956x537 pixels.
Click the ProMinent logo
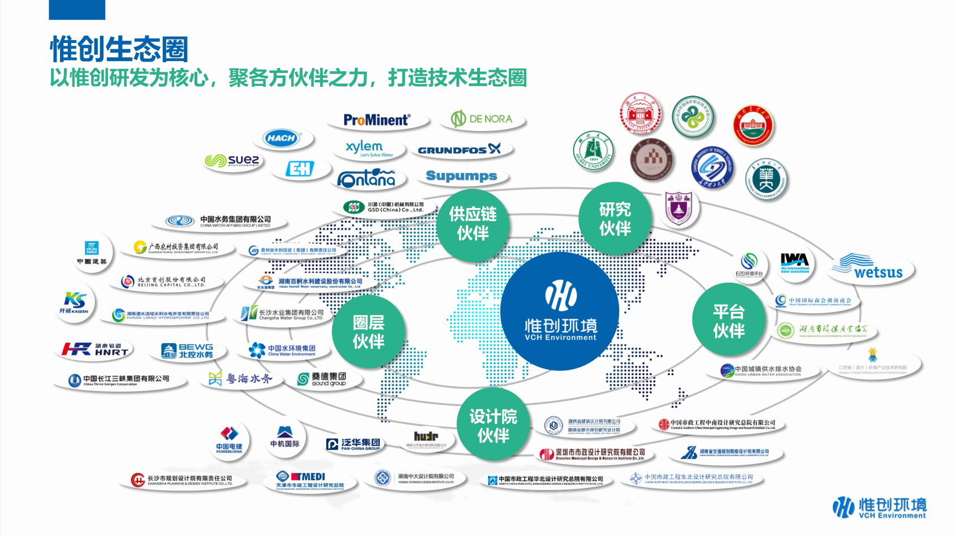coord(377,120)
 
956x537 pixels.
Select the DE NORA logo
coord(482,119)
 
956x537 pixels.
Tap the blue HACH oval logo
coord(282,138)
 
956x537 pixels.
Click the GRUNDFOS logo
coord(459,150)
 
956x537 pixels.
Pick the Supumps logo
coord(461,176)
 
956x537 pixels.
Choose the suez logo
coord(232,161)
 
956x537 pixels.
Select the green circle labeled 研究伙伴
coord(615,219)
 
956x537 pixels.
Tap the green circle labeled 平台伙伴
coord(728,321)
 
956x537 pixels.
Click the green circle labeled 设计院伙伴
coord(493,426)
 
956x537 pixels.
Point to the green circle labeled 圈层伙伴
coord(368,331)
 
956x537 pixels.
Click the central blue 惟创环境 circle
coord(560,311)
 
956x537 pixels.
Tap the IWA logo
coord(794,263)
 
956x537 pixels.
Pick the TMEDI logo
coord(309,480)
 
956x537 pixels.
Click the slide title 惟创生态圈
coord(119,49)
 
